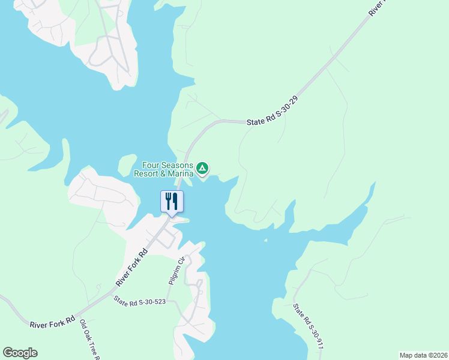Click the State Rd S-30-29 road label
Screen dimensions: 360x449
pos(273,113)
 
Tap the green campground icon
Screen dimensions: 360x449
pos(203,169)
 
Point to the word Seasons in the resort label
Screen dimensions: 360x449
pos(176,165)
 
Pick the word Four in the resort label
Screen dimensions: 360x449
pos(150,165)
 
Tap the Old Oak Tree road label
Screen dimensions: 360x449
pos(89,339)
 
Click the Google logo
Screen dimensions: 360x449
pos(20,353)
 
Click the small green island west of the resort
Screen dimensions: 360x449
pos(127,164)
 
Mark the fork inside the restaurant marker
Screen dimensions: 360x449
pos(168,200)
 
